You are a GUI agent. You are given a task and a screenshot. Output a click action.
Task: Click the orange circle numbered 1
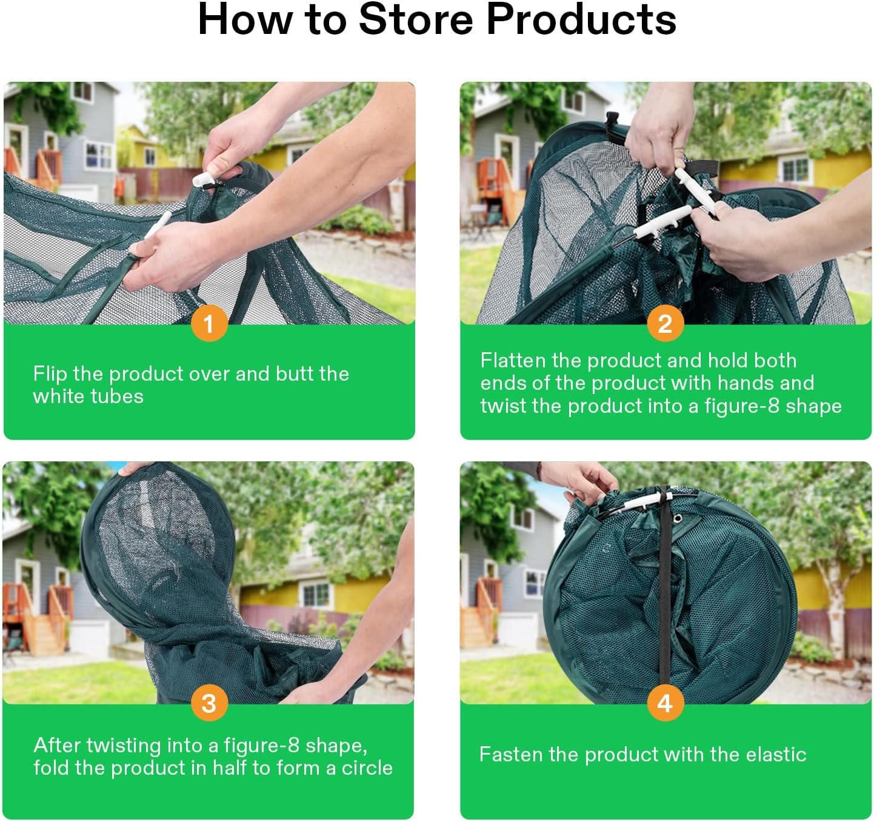(209, 324)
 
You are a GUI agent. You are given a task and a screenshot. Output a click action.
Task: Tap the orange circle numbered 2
(665, 324)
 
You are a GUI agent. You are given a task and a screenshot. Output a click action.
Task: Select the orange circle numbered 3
(209, 703)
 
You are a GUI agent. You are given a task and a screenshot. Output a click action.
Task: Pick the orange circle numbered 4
(665, 703)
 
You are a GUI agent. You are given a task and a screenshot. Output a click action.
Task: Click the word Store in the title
(416, 20)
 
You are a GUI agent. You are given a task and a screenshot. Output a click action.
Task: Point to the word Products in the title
(581, 20)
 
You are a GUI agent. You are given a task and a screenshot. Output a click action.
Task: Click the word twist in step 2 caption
(504, 406)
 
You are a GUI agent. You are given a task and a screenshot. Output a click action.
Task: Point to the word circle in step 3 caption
(367, 768)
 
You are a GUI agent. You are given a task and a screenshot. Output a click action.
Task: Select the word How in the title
(245, 20)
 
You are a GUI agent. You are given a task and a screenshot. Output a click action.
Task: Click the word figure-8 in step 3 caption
(262, 745)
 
